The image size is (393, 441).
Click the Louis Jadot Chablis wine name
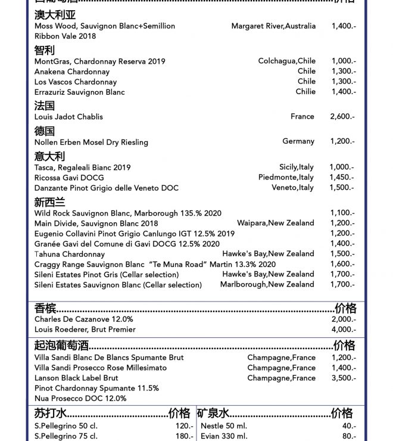tap(68, 117)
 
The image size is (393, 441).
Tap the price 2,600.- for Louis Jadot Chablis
tap(342, 117)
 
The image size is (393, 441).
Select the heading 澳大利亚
tap(55, 15)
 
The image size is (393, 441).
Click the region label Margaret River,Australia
tap(273, 26)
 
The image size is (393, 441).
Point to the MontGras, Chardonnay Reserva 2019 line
tap(99, 61)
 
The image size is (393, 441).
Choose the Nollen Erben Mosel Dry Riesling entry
tap(91, 142)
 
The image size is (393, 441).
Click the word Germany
tap(298, 141)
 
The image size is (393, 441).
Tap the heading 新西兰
tap(49, 202)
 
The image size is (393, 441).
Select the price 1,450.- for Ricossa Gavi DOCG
tap(342, 178)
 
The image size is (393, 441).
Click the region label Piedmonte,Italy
tap(286, 178)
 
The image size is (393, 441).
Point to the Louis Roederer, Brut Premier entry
tap(85, 330)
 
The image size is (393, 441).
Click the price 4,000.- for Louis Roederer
tap(344, 330)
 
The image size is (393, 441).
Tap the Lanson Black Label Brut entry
tap(76, 378)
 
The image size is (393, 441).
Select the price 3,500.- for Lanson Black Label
tap(343, 378)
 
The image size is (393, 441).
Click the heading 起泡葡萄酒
tap(61, 346)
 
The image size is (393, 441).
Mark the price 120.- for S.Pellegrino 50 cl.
tap(184, 427)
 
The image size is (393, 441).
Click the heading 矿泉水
tap(213, 413)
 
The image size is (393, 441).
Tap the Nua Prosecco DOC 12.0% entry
tap(80, 399)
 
